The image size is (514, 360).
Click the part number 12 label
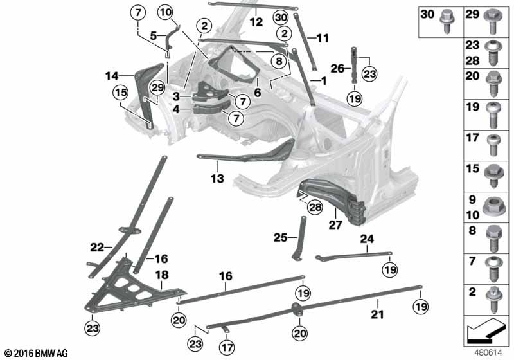point(256,21)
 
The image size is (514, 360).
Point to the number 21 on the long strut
point(378,315)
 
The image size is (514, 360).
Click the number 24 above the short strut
point(366,239)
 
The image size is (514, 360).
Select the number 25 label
point(279,237)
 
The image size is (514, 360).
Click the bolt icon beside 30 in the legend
point(445,22)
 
